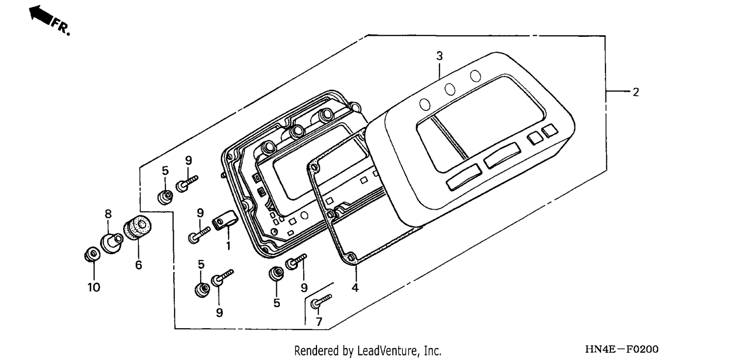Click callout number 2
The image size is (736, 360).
636,92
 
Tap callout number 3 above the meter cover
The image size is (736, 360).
440,56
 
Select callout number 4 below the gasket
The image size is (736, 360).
355,288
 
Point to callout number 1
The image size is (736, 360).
228,246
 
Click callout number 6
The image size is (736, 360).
139,265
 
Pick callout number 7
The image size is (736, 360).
319,322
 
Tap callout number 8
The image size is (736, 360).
108,214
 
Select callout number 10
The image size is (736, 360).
94,287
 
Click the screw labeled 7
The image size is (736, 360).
321,301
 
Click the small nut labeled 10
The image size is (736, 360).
92,255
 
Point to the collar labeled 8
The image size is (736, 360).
112,243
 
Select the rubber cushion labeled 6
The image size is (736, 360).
137,227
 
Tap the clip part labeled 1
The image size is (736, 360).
225,220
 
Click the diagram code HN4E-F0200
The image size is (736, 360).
622,349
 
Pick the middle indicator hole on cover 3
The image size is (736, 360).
450,89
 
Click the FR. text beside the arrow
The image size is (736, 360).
61,26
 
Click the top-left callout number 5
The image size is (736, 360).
165,171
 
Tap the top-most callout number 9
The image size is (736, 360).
188,160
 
